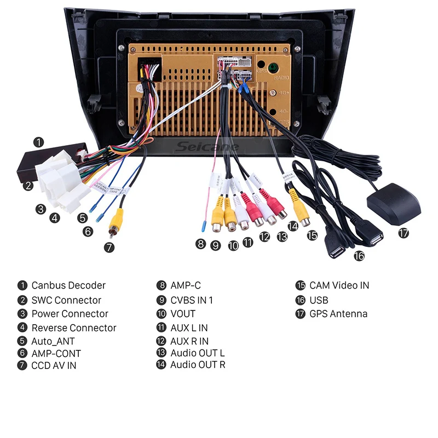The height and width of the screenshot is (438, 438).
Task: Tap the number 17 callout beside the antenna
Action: pyautogui.click(x=404, y=233)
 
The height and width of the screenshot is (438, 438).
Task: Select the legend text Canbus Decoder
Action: pyautogui.click(x=68, y=285)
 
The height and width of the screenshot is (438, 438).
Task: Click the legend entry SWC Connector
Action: pyautogui.click(x=66, y=300)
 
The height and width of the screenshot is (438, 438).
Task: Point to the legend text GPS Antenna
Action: pyautogui.click(x=338, y=314)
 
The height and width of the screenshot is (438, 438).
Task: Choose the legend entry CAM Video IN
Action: pyautogui.click(x=339, y=285)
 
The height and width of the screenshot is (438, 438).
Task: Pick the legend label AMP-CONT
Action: pyautogui.click(x=56, y=354)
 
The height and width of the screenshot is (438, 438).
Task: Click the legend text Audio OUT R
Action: pyautogui.click(x=198, y=364)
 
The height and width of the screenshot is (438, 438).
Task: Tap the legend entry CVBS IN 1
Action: pyautogui.click(x=192, y=300)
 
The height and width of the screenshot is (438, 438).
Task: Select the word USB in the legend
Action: pyautogui.click(x=319, y=300)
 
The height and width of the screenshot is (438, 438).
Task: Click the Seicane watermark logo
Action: pyautogui.click(x=208, y=147)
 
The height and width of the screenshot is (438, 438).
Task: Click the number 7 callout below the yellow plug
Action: pyautogui.click(x=109, y=247)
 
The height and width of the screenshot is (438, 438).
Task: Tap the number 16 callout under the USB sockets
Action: pyautogui.click(x=359, y=255)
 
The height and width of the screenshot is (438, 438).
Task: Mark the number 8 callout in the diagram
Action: pyautogui.click(x=201, y=244)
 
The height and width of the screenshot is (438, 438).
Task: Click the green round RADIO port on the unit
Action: pyautogui.click(x=270, y=69)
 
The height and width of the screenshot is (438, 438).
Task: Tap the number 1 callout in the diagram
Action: pyautogui.click(x=38, y=142)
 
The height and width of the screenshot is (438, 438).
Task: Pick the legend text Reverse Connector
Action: pyautogui.click(x=74, y=328)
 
